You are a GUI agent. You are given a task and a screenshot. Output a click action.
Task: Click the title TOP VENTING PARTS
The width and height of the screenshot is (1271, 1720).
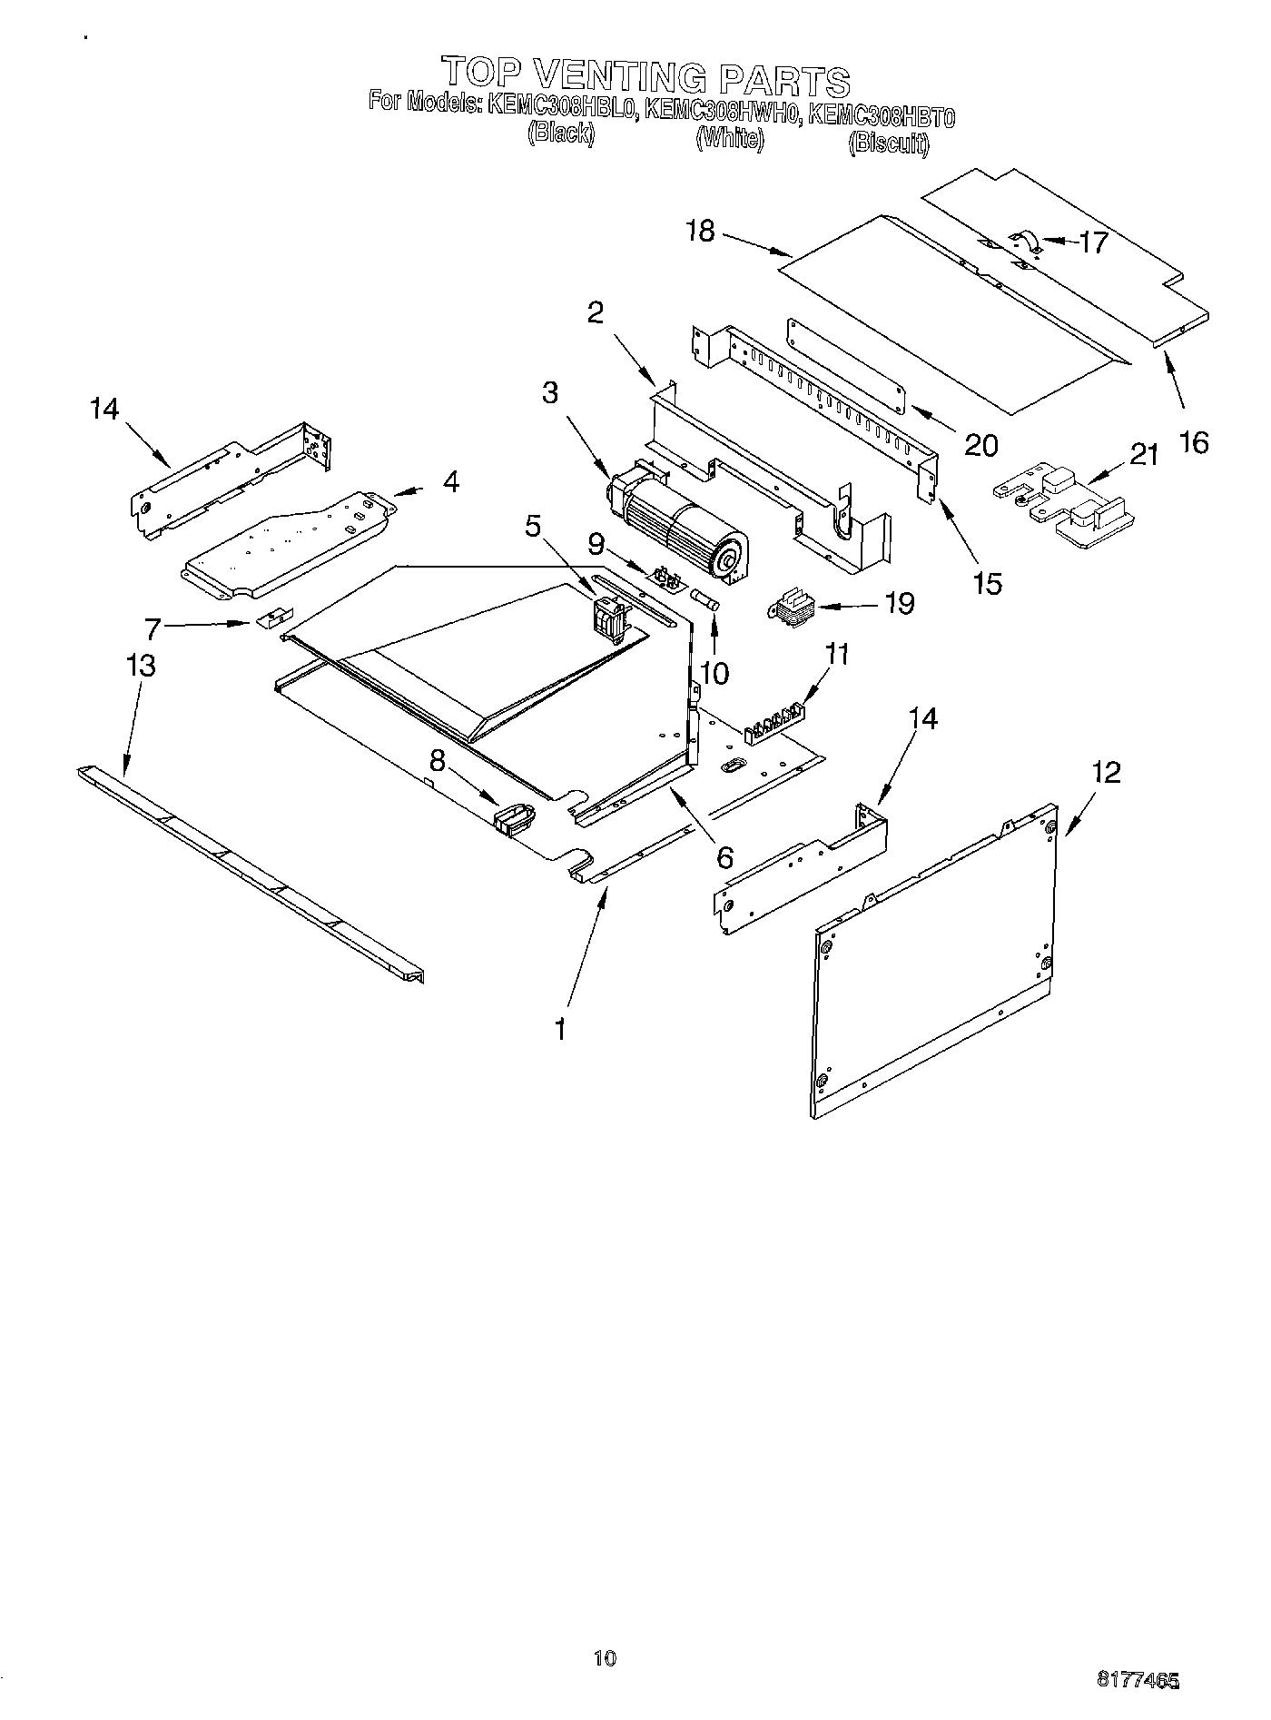[645, 77]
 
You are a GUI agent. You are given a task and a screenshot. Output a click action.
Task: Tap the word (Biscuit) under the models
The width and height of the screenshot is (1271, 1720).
[889, 143]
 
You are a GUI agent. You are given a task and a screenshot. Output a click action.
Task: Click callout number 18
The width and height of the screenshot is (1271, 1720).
[701, 232]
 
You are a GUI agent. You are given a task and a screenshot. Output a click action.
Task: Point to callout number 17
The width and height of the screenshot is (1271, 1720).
[1094, 242]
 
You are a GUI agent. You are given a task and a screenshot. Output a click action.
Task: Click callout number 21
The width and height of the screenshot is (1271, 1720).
[1144, 454]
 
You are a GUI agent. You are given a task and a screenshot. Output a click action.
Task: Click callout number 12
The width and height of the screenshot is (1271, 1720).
[1106, 773]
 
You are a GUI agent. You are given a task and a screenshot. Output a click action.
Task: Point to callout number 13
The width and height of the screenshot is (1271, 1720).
[141, 666]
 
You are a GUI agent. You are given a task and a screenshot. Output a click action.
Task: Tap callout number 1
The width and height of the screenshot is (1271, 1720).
[561, 1029]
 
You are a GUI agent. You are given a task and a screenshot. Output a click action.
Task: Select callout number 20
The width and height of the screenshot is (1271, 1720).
[980, 445]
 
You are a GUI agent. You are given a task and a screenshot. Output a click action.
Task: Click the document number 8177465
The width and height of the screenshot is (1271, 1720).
[1139, 1682]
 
